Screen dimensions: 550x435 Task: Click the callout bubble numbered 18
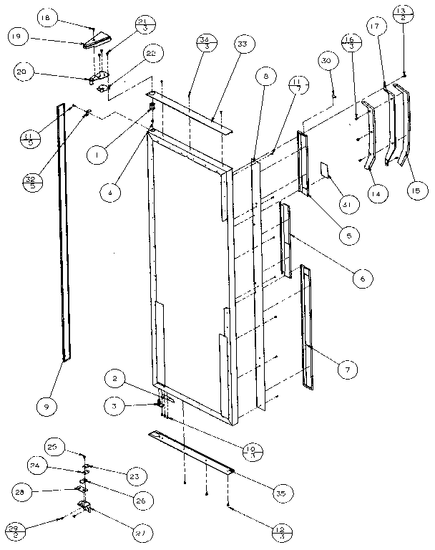(x=48, y=17)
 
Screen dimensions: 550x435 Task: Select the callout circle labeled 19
(x=19, y=36)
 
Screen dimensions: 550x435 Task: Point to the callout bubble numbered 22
(x=151, y=54)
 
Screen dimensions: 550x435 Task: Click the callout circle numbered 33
(x=245, y=44)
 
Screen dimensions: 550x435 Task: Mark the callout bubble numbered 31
(x=347, y=205)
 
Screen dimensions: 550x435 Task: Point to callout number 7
(x=347, y=370)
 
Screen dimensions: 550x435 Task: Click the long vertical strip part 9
(x=64, y=229)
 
